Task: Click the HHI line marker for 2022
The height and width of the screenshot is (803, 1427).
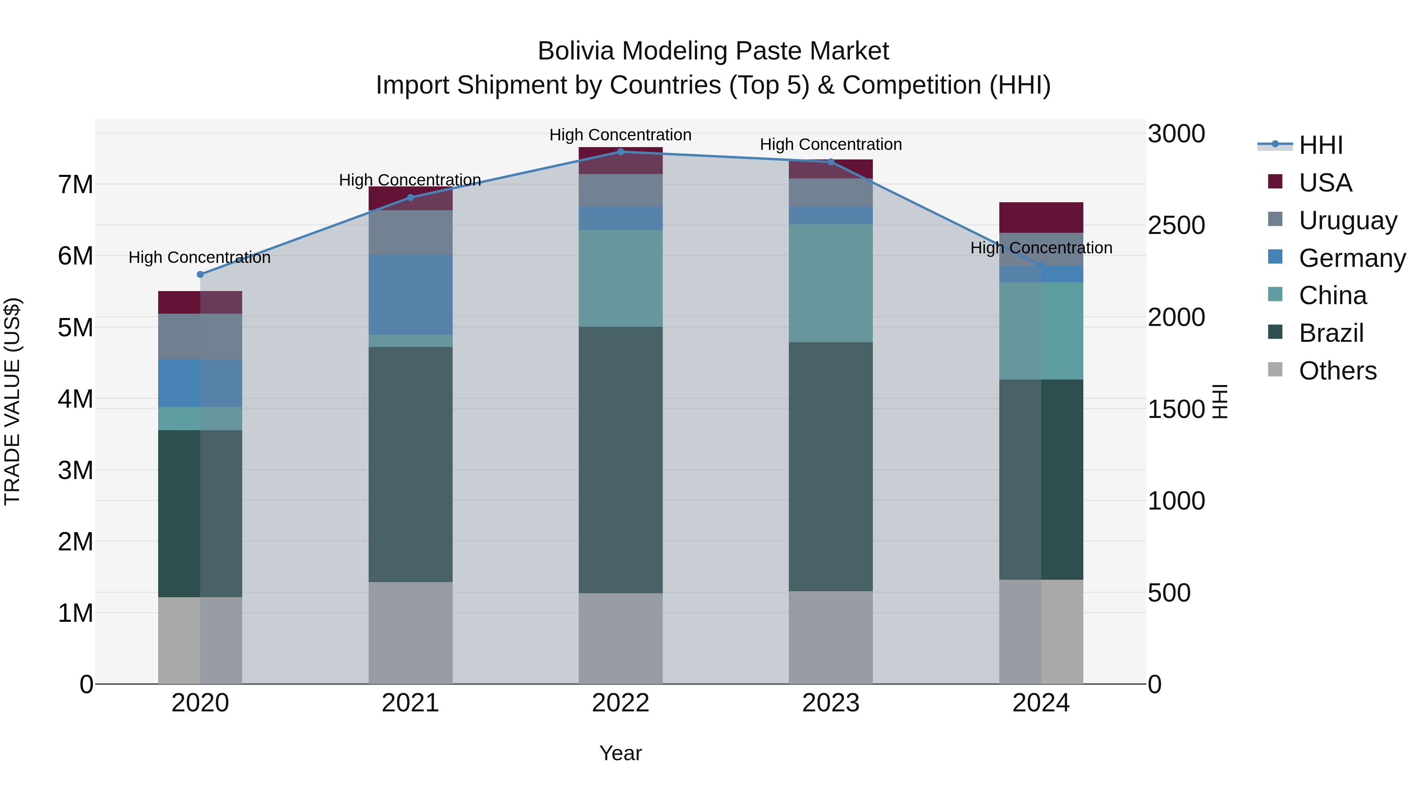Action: coord(620,152)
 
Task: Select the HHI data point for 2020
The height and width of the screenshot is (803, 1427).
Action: coord(201,274)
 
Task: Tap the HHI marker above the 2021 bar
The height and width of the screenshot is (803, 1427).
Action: coord(411,198)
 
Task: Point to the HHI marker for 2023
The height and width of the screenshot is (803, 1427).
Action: coord(831,162)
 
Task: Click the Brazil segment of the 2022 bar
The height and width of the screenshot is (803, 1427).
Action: coord(620,460)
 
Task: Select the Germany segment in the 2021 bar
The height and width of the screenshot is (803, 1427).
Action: coord(411,295)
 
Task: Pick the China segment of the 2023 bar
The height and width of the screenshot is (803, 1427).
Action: coord(831,283)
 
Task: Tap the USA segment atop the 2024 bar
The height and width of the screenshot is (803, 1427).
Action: coord(1041,217)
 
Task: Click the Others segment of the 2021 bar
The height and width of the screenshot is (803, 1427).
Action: coord(411,633)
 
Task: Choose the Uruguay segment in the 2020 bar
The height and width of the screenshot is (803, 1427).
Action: coord(201,336)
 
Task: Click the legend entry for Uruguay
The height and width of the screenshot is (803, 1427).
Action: coord(1348,220)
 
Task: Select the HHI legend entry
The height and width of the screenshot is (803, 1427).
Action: coord(1321,145)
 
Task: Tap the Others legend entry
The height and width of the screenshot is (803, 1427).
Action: coord(1337,371)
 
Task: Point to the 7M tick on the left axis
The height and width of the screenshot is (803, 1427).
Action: coord(76,184)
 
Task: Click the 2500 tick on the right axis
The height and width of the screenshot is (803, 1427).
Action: coord(1176,226)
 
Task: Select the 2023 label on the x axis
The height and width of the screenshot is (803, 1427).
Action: coord(831,703)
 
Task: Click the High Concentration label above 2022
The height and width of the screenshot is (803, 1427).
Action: coord(620,135)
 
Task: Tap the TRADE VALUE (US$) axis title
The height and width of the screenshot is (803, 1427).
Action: coord(13,401)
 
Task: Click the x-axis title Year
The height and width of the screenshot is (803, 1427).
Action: coord(620,753)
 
